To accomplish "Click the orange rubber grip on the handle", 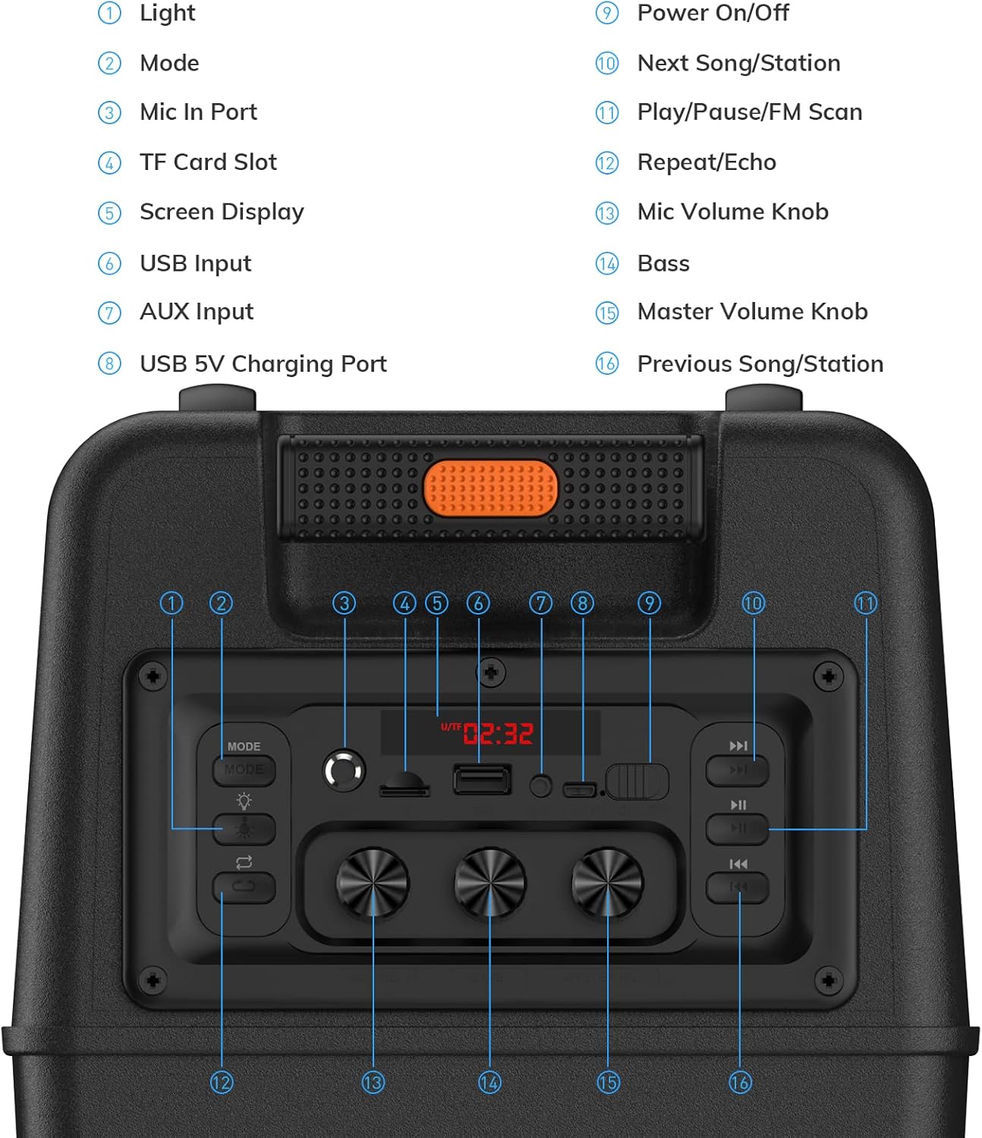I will tap(490, 488).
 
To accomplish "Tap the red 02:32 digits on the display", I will tap(498, 734).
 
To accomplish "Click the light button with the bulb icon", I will tap(244, 828).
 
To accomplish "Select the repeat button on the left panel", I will tap(244, 886).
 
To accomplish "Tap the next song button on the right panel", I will tap(737, 770).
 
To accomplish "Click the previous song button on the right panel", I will tap(737, 887).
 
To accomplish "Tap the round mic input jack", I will tap(344, 771).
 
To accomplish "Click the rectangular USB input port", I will tap(482, 779).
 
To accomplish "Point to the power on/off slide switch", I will tap(637, 781).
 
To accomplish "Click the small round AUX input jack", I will tap(540, 787).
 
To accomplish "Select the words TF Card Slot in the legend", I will tap(208, 162).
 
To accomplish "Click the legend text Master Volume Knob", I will tap(752, 312).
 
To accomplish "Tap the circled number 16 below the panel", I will tap(740, 1083).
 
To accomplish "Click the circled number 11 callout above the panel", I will tap(866, 603).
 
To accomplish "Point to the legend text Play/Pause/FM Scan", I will tap(749, 112).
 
